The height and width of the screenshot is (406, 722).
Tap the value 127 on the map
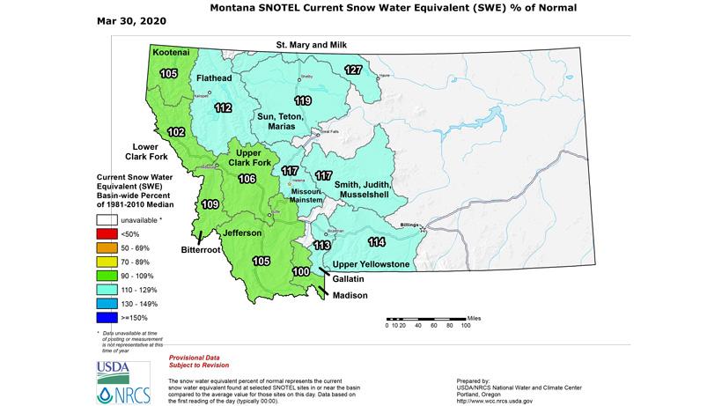[x=353, y=70]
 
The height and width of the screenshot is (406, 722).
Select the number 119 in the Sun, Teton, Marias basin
[x=303, y=100]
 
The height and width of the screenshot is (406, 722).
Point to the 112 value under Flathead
[x=223, y=108]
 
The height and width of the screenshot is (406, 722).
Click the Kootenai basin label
[x=170, y=54]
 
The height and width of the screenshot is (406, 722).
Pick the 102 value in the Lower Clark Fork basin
[x=176, y=132]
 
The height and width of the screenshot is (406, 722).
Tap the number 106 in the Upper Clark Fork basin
[x=247, y=180]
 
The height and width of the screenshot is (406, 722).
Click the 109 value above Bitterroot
[x=210, y=204]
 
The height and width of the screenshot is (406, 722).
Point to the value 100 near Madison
[x=301, y=273]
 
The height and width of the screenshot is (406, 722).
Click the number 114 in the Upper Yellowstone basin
[x=377, y=242]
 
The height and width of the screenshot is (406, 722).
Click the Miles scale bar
[x=425, y=318]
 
